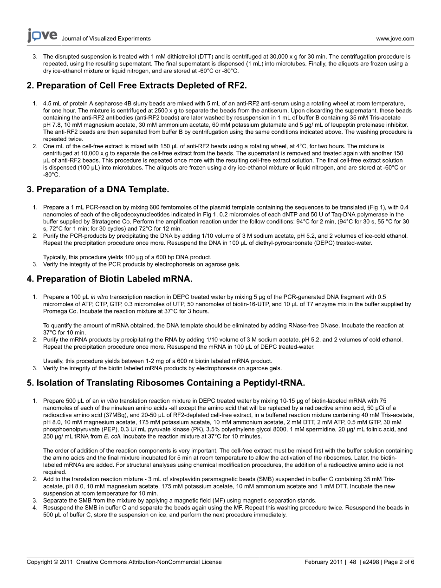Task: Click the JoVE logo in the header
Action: point(42,35)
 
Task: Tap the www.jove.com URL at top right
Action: point(395,39)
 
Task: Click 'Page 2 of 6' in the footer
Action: point(399,562)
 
